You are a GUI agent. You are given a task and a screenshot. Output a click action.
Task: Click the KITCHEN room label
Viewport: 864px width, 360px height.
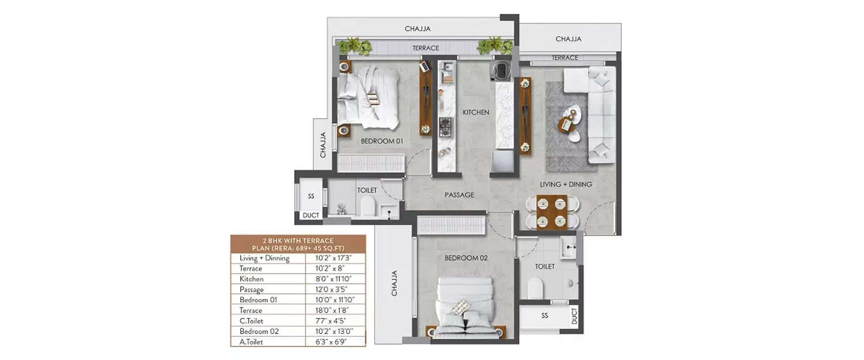tap(476, 113)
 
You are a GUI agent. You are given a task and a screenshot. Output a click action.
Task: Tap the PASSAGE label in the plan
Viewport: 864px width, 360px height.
tap(459, 195)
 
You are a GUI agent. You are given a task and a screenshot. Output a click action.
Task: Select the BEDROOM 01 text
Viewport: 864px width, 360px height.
tap(381, 141)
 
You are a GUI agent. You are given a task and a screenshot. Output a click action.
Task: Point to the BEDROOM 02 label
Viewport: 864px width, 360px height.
tap(466, 258)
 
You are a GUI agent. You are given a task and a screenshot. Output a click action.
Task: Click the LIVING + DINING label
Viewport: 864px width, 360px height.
tap(566, 184)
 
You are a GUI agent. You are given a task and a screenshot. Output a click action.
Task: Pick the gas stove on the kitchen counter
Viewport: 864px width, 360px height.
tap(446, 126)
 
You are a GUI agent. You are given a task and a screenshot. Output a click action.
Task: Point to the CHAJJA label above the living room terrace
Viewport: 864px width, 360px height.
tap(568, 39)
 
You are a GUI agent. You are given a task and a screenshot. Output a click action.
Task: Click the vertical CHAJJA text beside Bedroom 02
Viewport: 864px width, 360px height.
tap(395, 283)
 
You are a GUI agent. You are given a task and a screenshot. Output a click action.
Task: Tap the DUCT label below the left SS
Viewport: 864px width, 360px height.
tap(310, 215)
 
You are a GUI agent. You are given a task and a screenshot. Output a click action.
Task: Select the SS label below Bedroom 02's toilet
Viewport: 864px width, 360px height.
tap(544, 316)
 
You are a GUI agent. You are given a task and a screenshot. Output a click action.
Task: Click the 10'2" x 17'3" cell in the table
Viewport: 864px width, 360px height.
tap(335, 258)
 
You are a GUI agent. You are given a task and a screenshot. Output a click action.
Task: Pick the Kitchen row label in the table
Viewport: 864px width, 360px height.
tap(252, 279)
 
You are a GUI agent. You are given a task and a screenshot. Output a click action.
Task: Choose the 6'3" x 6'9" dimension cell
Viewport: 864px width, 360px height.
tap(335, 342)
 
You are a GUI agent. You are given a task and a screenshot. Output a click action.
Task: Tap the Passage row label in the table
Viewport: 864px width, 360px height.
tap(252, 289)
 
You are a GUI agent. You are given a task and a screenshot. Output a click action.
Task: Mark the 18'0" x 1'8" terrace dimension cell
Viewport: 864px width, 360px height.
tap(335, 310)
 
